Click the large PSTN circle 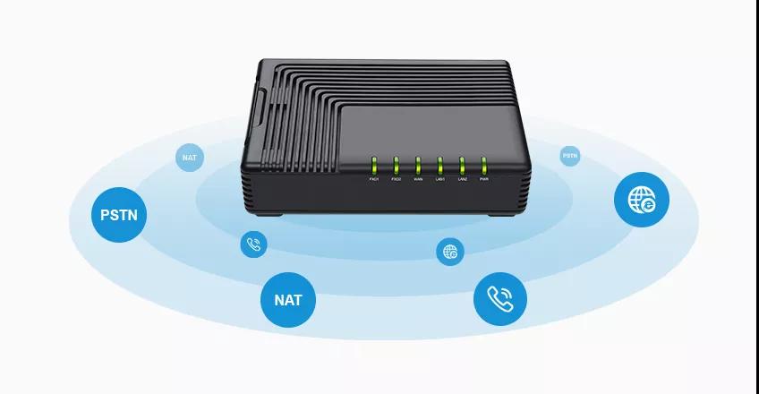120,216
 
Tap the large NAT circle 288,300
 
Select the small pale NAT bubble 189,158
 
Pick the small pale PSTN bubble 570,156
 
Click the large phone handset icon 499,298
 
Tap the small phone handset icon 253,244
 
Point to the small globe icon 450,252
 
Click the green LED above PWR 484,166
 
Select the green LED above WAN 418,166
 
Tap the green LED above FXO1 374,166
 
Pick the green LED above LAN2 462,166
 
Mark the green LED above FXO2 396,166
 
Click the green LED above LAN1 439,166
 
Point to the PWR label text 484,180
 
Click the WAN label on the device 418,180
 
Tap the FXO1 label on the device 374,180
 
